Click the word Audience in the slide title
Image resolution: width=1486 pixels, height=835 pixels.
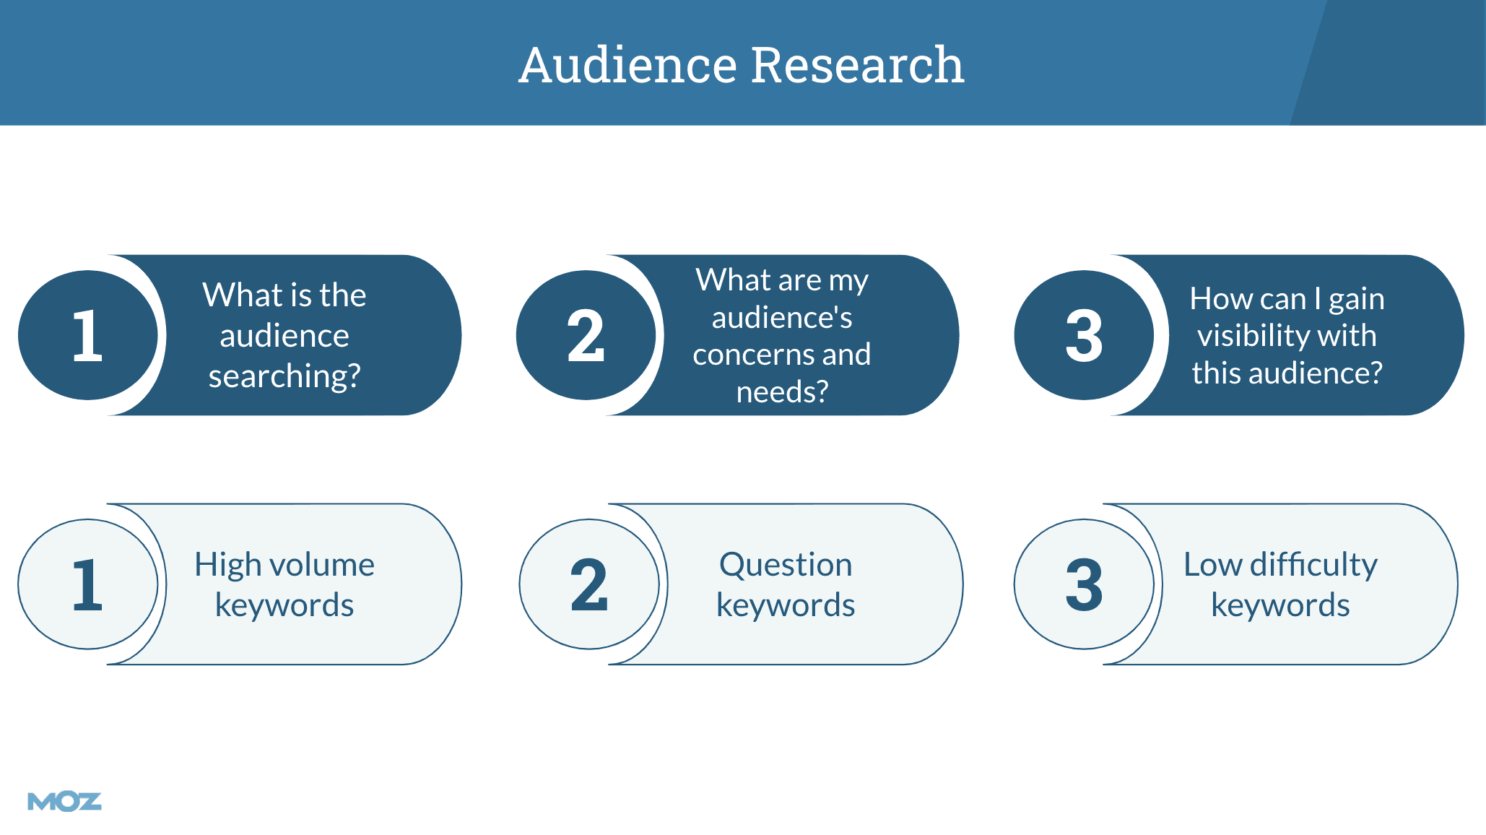tap(627, 65)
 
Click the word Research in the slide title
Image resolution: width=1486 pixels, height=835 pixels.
tap(857, 65)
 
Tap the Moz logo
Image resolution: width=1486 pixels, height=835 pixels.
tap(64, 801)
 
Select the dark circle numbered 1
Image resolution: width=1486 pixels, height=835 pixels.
tap(87, 335)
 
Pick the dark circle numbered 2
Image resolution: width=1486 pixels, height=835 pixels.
tap(586, 335)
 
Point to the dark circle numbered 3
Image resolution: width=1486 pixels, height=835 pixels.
tap(1084, 335)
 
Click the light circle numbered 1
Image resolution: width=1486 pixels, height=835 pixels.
tap(87, 584)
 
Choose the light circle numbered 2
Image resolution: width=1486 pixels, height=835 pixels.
tap(588, 584)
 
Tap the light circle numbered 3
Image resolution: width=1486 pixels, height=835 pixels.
tap(1084, 584)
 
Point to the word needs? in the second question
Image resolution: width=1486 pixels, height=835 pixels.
tap(782, 392)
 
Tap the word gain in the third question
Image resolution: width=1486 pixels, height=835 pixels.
tap(1356, 299)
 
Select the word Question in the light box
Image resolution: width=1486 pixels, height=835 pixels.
tap(786, 565)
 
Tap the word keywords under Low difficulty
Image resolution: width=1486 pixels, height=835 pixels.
tap(1280, 605)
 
